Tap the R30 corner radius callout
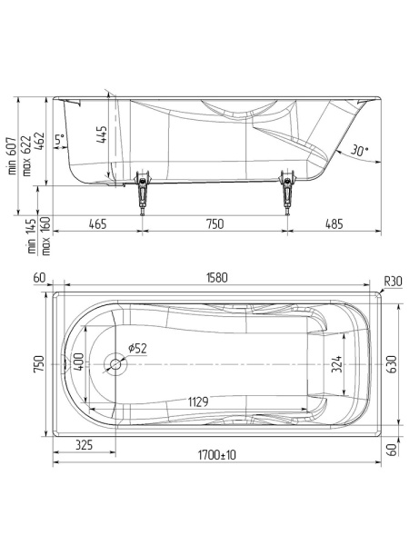(393, 281)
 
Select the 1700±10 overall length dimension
(215, 454)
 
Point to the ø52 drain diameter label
(138, 348)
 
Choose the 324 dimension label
(337, 365)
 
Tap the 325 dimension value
(84, 447)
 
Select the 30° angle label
(359, 152)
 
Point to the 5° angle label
(59, 140)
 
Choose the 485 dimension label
(334, 223)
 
